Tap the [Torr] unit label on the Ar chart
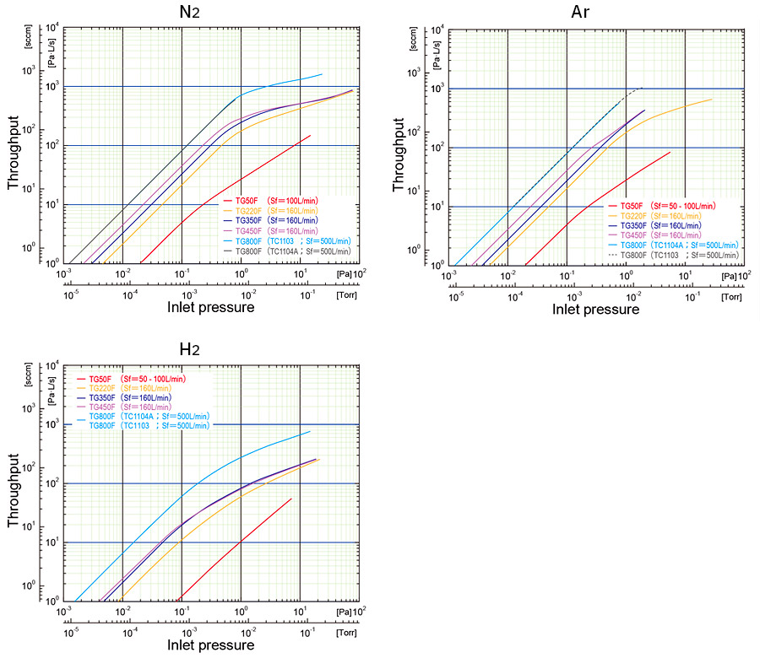tap(731, 296)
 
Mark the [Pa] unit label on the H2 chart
tap(343, 608)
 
